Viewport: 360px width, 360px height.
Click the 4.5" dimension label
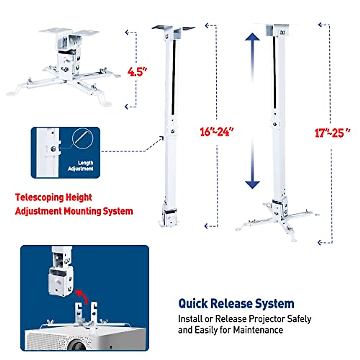[137, 72]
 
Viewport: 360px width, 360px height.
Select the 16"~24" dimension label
[216, 132]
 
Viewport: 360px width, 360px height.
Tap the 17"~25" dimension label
[332, 133]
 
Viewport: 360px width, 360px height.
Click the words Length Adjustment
[81, 166]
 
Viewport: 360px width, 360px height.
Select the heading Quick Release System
[236, 304]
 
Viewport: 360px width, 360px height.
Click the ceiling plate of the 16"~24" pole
[173, 28]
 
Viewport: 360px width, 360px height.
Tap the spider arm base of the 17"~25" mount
[277, 219]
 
